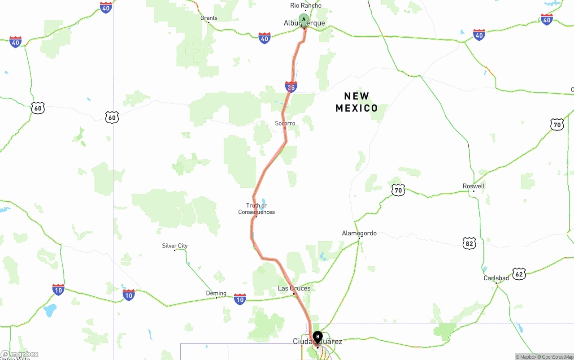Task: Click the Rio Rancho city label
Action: point(305,5)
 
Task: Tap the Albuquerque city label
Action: point(304,23)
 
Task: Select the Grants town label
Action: point(209,18)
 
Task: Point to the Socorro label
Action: point(285,123)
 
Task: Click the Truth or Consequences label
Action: point(257,209)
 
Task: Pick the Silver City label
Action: point(175,246)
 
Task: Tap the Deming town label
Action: point(216,293)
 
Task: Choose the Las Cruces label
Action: point(294,288)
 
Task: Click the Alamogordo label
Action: point(359,233)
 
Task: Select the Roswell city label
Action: point(474,186)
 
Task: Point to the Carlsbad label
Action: point(496,278)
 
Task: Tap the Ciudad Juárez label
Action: point(317,342)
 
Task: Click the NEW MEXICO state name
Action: point(357,102)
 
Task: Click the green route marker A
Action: point(304,20)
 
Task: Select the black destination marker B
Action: point(317,336)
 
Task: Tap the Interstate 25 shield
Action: point(291,87)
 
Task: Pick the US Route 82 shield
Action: point(470,243)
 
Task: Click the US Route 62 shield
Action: point(519,273)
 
